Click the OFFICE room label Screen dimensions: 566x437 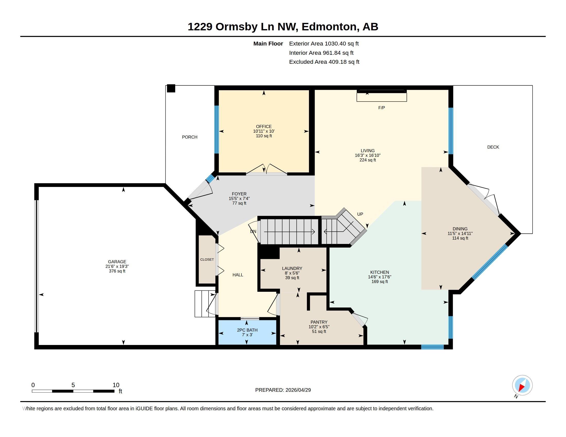click(263, 126)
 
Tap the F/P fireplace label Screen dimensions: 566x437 click(382, 108)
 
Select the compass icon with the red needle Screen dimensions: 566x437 click(522, 386)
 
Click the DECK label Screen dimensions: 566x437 click(493, 147)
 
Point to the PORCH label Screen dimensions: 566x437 click(189, 137)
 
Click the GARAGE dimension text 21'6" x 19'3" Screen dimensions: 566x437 click(117, 266)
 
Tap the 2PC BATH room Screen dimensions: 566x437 click(247, 332)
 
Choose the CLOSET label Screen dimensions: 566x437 click(207, 259)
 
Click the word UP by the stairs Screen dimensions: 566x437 click(360, 214)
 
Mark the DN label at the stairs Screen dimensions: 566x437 click(253, 231)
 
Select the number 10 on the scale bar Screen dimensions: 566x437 click(116, 385)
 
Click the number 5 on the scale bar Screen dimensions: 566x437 click(73, 385)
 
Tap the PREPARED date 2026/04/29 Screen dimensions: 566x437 click(298, 390)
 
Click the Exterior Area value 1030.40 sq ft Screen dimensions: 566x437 click(342, 43)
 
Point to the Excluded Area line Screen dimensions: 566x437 click(324, 62)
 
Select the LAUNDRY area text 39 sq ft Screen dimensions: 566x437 click(292, 278)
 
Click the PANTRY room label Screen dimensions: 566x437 click(319, 322)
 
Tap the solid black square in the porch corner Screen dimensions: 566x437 click(171, 88)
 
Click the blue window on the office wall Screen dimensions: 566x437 click(217, 130)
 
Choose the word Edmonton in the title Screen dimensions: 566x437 click(329, 27)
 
